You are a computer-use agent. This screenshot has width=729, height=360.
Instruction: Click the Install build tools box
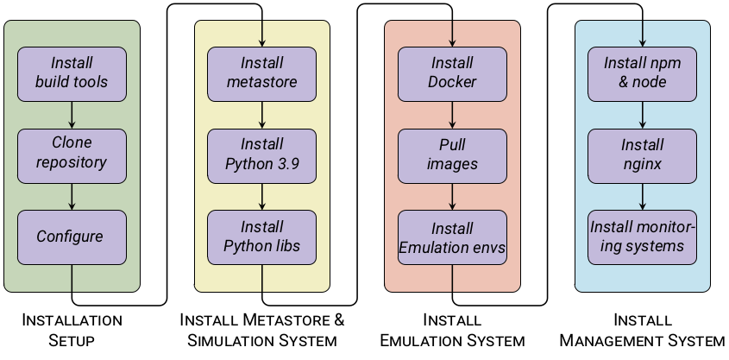[72, 73]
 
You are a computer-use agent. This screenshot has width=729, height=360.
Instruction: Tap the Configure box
[72, 237]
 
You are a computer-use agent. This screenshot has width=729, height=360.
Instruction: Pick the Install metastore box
[262, 73]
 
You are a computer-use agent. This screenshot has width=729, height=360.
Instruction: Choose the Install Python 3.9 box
[262, 155]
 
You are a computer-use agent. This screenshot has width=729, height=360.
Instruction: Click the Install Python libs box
[262, 237]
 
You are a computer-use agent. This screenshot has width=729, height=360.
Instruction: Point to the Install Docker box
[452, 73]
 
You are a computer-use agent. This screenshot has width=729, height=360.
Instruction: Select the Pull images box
[452, 155]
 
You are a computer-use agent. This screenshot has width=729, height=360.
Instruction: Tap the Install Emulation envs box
[452, 237]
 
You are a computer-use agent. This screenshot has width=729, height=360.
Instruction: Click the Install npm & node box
[642, 73]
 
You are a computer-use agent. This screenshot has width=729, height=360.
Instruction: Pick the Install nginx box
[642, 155]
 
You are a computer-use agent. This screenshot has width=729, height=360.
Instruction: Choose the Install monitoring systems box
[642, 237]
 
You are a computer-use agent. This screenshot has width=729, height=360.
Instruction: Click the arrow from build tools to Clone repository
[72, 113]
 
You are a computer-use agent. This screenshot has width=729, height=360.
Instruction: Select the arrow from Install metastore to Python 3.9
[262, 113]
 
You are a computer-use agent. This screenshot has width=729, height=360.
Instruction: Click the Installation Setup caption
[72, 330]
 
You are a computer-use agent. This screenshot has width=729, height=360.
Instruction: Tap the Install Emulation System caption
[452, 330]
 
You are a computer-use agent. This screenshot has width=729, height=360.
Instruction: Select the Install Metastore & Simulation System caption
[262, 330]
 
